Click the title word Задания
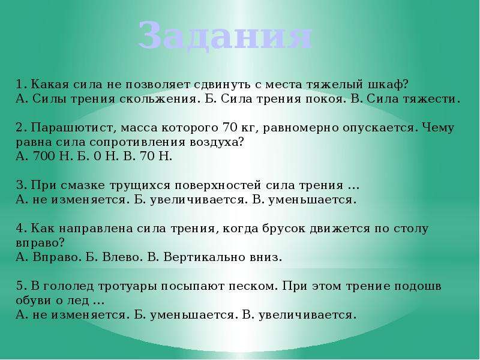click(x=225, y=35)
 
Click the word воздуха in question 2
click(x=217, y=142)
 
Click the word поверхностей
click(x=218, y=185)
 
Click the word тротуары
click(x=128, y=287)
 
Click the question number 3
click(x=21, y=185)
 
